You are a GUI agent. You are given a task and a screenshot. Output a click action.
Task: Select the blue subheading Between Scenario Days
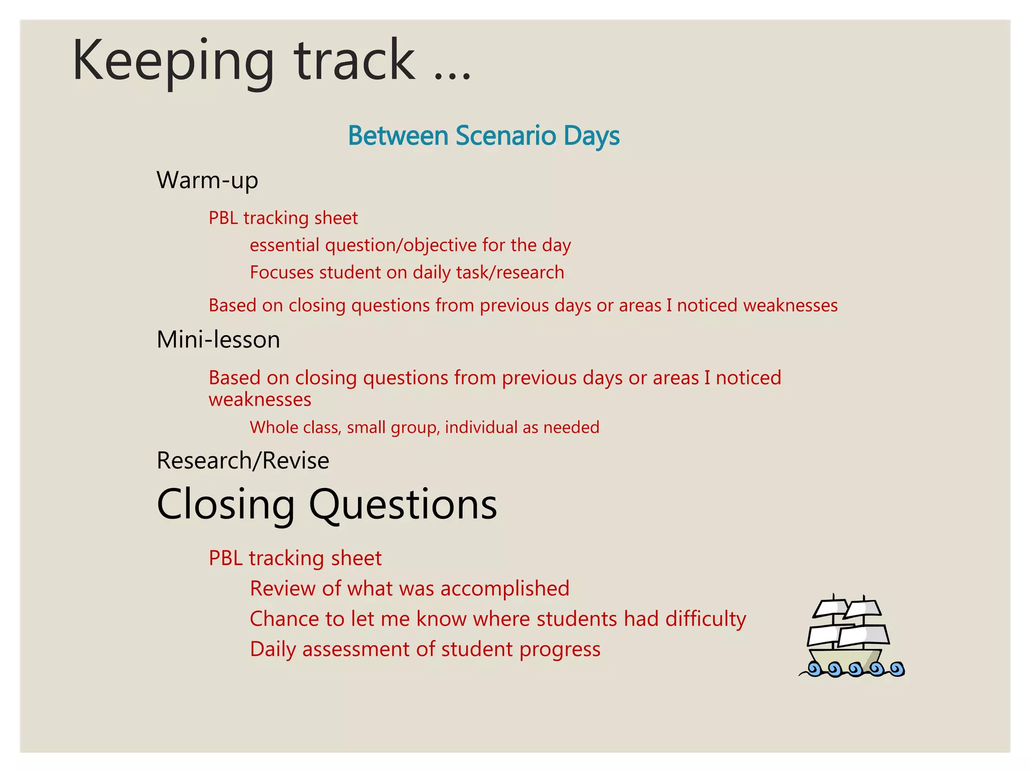point(483,136)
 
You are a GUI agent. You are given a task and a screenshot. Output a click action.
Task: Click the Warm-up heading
point(207,180)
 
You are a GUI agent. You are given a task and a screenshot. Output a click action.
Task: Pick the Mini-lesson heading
point(218,339)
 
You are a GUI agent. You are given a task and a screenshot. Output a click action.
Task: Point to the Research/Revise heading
point(243,460)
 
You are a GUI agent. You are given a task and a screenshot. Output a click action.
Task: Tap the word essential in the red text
point(285,245)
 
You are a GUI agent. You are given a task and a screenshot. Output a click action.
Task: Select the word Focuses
point(282,272)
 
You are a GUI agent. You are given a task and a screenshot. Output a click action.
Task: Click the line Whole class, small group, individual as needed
point(424,427)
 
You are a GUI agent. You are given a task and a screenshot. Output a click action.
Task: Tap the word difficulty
point(706,619)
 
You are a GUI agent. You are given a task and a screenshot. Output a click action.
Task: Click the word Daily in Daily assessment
point(273,649)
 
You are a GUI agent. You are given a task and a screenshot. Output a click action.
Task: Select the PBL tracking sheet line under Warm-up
point(283,218)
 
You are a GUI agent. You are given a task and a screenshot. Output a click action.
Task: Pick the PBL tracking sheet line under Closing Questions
point(295,558)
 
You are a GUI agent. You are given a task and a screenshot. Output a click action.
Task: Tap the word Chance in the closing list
point(285,619)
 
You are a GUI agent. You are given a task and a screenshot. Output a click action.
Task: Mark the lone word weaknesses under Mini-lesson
point(260,400)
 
